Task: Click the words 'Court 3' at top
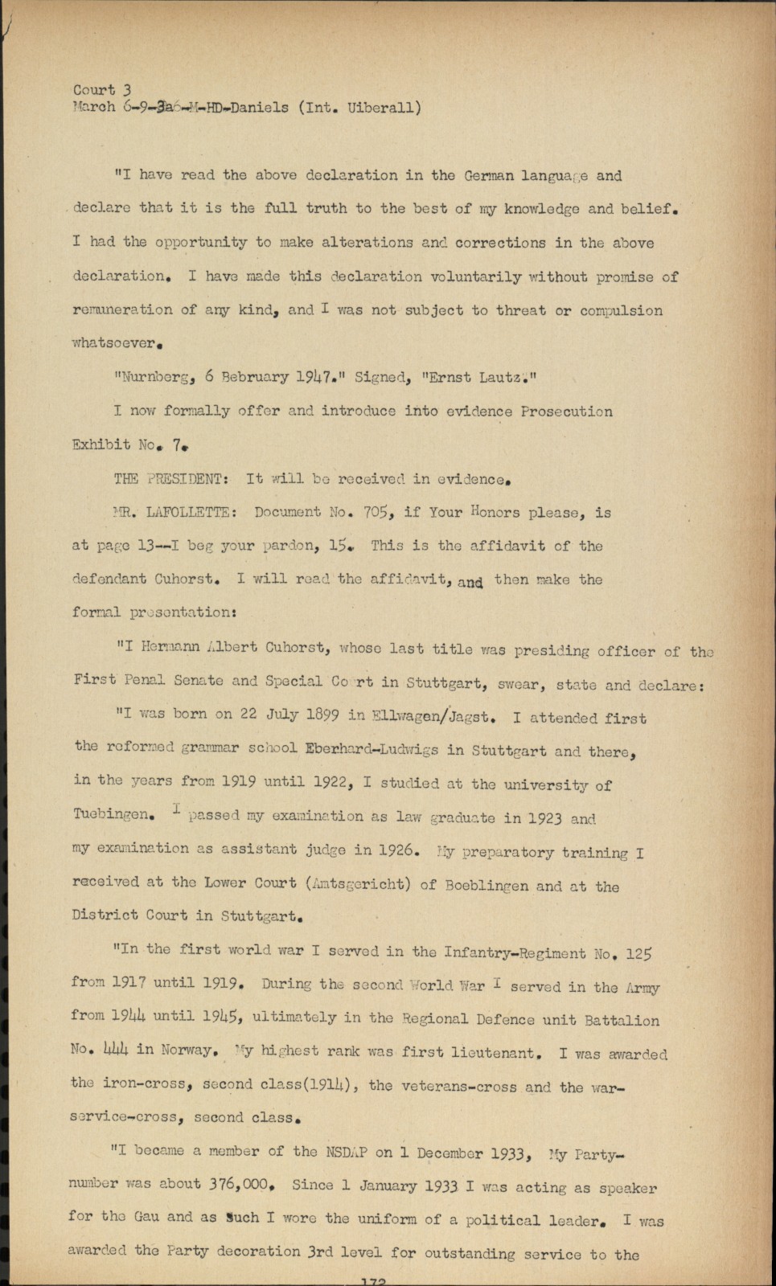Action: point(102,90)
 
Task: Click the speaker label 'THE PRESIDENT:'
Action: point(171,479)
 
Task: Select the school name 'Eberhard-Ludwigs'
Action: point(372,749)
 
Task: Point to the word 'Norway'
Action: point(187,1050)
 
